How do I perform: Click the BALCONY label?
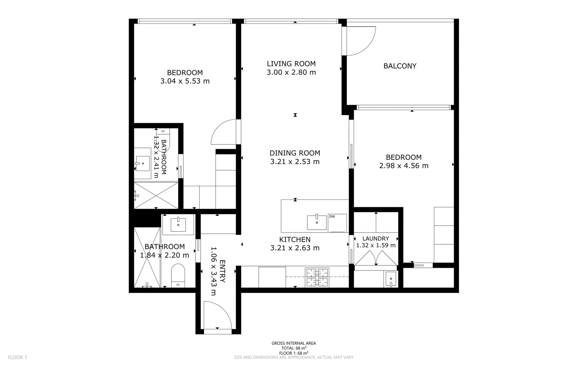click(400, 66)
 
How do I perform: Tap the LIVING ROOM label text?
click(291, 64)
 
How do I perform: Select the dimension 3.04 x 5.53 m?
click(185, 81)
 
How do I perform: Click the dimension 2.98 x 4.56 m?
click(404, 166)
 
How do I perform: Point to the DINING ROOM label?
click(295, 153)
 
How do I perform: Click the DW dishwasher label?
click(332, 216)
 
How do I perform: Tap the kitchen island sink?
click(317, 222)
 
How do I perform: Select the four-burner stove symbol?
click(317, 277)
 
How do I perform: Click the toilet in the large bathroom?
click(178, 275)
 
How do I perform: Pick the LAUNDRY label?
click(375, 239)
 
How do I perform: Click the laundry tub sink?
click(391, 279)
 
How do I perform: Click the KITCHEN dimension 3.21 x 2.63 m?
click(295, 248)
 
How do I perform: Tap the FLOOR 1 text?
click(17, 357)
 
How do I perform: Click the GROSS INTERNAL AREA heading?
click(293, 343)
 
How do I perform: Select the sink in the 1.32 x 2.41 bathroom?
click(142, 163)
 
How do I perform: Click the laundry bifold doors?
click(375, 259)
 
